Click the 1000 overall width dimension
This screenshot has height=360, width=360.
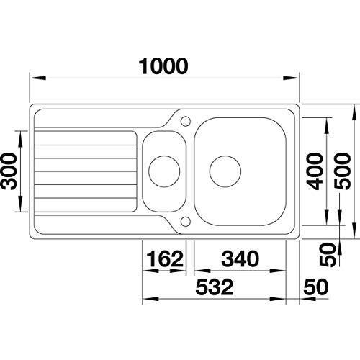[163, 66]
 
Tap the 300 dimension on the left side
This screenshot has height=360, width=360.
[9, 171]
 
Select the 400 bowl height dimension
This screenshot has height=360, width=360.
[315, 171]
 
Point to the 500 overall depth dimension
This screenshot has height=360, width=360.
[343, 171]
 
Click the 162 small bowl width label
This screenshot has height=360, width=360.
[165, 258]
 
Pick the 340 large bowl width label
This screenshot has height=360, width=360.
[240, 258]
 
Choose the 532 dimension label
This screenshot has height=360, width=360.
[215, 287]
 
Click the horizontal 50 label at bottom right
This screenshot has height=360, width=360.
[316, 287]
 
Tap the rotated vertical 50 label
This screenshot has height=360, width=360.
[328, 254]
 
